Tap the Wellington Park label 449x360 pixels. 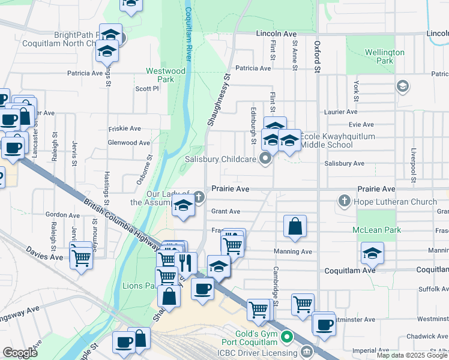coord(384,56)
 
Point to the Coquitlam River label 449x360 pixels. coord(188,30)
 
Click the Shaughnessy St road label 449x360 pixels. coord(219,100)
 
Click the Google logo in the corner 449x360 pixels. coord(20,353)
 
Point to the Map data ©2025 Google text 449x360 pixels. coord(412,355)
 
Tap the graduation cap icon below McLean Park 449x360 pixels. coord(372,253)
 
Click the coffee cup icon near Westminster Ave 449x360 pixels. coord(324,325)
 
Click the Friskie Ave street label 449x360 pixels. coord(124,128)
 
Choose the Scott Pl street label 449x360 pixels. coord(146,88)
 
